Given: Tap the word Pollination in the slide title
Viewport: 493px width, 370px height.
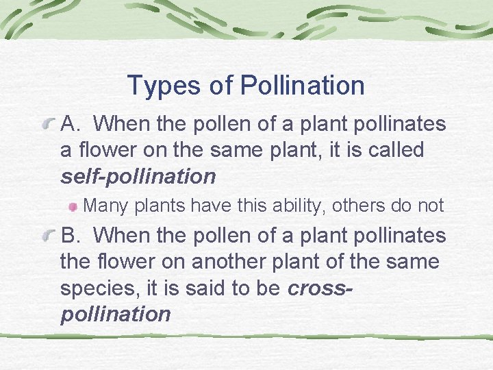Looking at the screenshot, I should [x=303, y=86].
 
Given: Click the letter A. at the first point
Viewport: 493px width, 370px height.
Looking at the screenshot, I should [x=73, y=124].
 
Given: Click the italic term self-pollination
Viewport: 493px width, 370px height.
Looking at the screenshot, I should [x=138, y=177].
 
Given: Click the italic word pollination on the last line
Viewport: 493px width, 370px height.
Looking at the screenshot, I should [x=116, y=314].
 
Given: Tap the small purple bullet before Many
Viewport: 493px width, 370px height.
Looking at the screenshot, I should [x=74, y=206].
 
